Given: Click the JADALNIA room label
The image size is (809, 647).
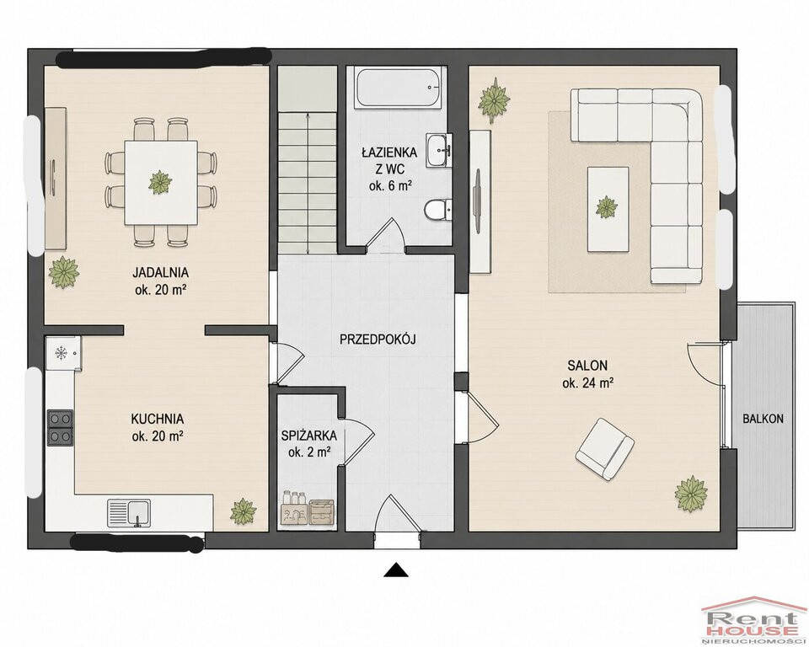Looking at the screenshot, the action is coord(160,272).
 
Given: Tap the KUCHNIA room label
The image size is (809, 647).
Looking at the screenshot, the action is coord(158,419).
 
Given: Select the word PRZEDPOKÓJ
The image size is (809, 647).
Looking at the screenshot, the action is coord(378,340).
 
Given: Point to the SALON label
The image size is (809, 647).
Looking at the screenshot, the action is coord(587,366).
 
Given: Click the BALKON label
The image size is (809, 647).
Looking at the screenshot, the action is coord(763,419).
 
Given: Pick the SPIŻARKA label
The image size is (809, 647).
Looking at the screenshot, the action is coord(309,436).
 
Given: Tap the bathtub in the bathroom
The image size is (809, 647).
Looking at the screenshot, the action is coord(399,88).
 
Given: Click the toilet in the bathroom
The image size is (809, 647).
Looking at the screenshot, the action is coord(437,210).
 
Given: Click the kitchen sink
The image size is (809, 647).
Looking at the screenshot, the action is coord(129,513).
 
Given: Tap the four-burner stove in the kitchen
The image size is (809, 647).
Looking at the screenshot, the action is coord(60,427).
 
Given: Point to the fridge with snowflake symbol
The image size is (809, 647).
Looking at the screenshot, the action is coord(63,354).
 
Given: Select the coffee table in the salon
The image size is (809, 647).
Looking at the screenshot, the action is coord(608,209).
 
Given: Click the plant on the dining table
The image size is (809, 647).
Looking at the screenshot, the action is coord(160,182).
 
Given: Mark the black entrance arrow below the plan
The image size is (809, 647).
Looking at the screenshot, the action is coord(396,569).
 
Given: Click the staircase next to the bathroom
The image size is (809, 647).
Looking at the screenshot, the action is coord(308,160).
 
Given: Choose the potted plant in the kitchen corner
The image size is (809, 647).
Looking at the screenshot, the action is coord(243,511).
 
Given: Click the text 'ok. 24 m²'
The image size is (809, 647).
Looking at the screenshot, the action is coord(587,383).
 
